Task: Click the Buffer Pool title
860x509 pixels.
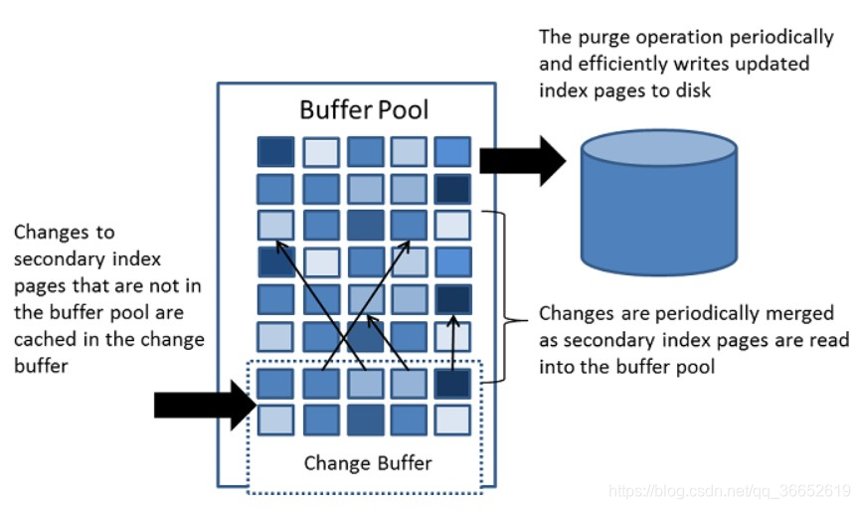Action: click(364, 108)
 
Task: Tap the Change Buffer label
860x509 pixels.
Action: click(368, 462)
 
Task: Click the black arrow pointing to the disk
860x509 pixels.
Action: click(521, 160)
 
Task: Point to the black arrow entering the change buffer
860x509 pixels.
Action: click(203, 404)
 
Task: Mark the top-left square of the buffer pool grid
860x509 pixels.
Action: click(275, 151)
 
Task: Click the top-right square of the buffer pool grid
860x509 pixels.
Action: click(451, 151)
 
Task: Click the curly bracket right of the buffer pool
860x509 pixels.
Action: click(507, 298)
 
